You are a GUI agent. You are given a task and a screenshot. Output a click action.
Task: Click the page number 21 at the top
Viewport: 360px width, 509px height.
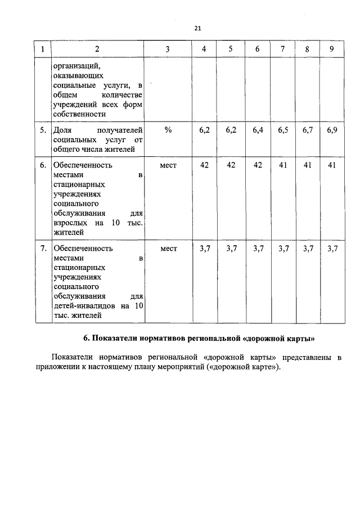[197, 28]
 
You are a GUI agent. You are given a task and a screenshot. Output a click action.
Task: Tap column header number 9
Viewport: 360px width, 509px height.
[332, 49]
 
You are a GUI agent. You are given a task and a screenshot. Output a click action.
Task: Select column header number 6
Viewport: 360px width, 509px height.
[257, 49]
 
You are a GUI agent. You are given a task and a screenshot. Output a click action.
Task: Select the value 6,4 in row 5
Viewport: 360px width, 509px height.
[258, 130]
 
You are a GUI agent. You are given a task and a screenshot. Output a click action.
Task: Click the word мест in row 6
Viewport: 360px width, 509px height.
[168, 165]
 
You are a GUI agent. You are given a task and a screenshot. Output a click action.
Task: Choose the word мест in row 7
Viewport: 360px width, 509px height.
[168, 248]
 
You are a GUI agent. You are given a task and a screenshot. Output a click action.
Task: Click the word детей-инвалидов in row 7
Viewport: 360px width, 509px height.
[82, 305]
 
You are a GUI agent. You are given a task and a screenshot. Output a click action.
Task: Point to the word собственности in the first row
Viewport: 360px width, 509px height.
[79, 114]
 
